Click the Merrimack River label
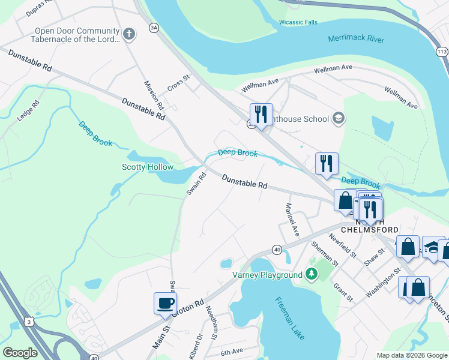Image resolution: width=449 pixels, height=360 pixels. pyautogui.click(x=356, y=39)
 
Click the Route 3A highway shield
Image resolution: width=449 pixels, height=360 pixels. pyautogui.click(x=154, y=28)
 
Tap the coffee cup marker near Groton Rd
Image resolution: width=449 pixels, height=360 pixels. pyautogui.click(x=165, y=304)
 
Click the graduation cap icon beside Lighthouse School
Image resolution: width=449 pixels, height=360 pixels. pyautogui.click(x=338, y=118)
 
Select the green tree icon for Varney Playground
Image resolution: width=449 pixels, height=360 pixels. pyautogui.click(x=311, y=275)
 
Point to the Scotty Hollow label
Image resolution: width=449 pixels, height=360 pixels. pyautogui.click(x=148, y=167)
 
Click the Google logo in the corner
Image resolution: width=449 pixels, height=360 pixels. pyautogui.click(x=20, y=353)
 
